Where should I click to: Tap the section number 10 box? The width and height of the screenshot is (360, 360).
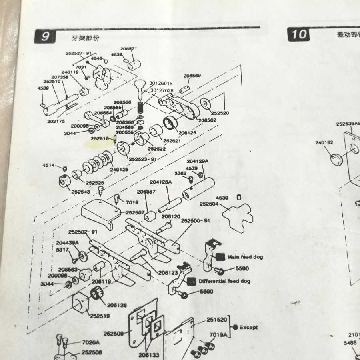pos(298,34)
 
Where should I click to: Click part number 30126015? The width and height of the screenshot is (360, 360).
pos(161,83)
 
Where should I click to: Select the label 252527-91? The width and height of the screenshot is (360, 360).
pos(79,53)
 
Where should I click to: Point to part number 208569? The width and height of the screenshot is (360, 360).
pos(192,76)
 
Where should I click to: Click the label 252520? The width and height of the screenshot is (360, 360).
pos(220,113)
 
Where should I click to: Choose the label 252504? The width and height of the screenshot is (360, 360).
pos(209,204)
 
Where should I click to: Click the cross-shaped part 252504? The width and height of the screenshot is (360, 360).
pos(238,216)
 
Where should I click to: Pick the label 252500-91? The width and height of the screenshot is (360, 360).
pos(196,220)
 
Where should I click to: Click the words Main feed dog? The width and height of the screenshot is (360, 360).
pos(245,257)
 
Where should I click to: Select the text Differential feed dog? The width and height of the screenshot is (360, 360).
pos(224,281)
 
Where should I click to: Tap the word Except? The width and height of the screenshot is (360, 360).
pos(249,327)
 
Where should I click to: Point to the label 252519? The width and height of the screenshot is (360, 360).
pos(99,316)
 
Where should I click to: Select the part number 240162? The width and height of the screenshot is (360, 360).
pos(324,142)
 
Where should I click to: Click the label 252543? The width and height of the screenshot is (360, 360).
pos(81,192)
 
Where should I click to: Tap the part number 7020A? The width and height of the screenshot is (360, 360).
pos(91,342)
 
